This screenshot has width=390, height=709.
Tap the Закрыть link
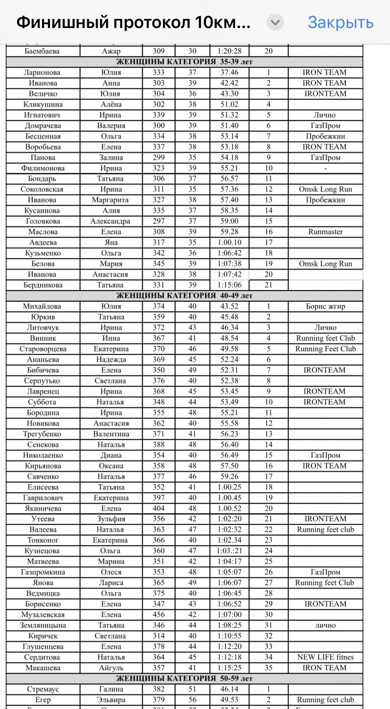(x=340, y=22)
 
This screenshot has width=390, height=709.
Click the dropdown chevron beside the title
(x=275, y=23)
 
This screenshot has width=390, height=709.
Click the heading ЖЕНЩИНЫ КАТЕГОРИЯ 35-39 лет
(x=184, y=62)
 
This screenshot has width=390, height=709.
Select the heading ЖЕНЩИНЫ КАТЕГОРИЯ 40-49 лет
(x=184, y=296)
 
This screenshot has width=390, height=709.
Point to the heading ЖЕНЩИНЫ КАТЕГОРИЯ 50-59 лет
(x=184, y=679)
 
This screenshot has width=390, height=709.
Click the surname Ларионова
(x=42, y=72)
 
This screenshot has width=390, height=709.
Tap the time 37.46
(x=229, y=72)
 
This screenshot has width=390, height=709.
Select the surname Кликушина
(x=43, y=104)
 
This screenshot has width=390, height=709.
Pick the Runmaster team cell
(x=325, y=232)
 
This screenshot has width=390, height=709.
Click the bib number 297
(x=158, y=221)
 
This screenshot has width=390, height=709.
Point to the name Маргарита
(x=110, y=200)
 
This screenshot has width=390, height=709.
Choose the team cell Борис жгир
(x=325, y=306)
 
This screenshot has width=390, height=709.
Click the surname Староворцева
(x=43, y=349)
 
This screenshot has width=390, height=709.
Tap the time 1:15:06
(x=229, y=285)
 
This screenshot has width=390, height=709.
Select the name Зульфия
(x=111, y=519)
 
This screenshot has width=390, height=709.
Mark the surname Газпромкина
(x=43, y=572)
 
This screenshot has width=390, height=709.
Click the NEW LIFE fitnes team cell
(x=325, y=657)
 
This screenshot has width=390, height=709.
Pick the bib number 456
(x=158, y=615)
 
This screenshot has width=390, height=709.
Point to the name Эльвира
(x=111, y=700)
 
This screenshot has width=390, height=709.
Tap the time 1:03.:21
(x=229, y=551)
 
